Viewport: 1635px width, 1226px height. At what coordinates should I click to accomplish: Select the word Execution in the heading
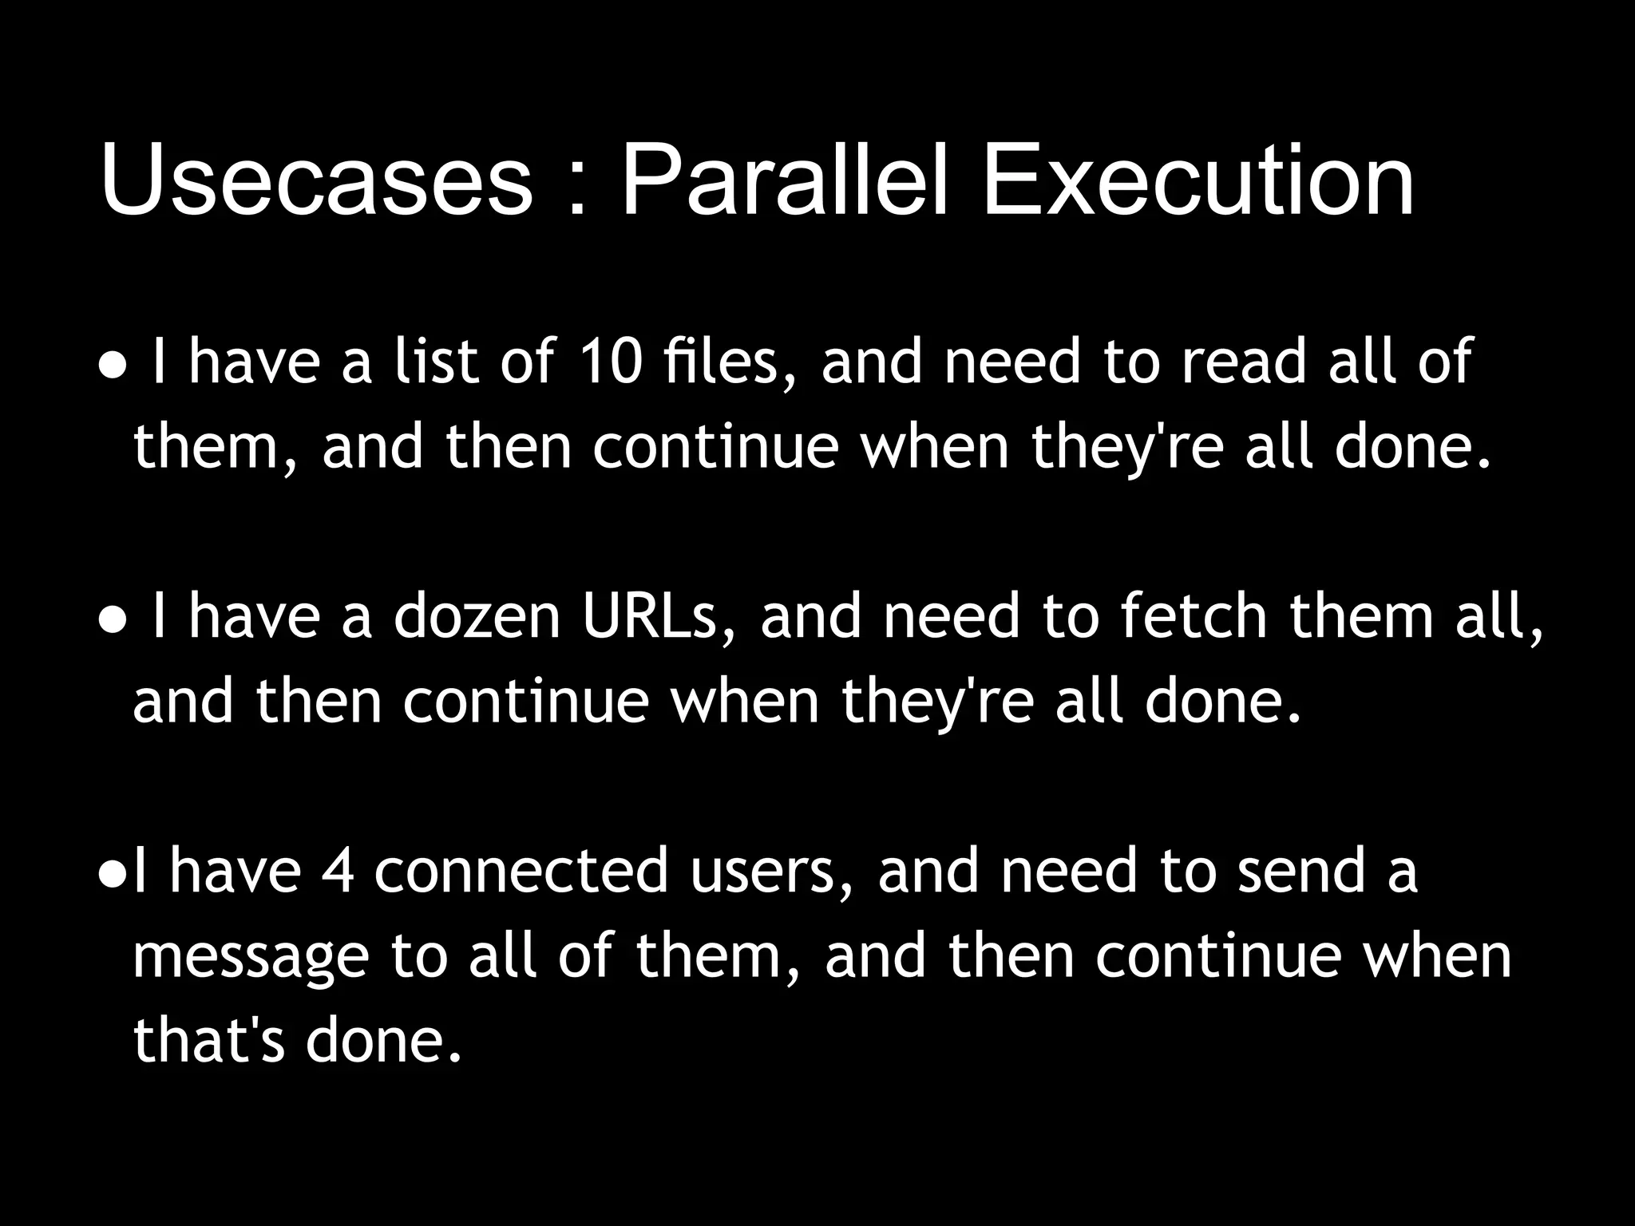click(1198, 180)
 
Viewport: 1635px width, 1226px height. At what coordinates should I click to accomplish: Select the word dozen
click(477, 617)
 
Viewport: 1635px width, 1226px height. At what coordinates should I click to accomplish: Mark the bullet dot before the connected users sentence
click(113, 877)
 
